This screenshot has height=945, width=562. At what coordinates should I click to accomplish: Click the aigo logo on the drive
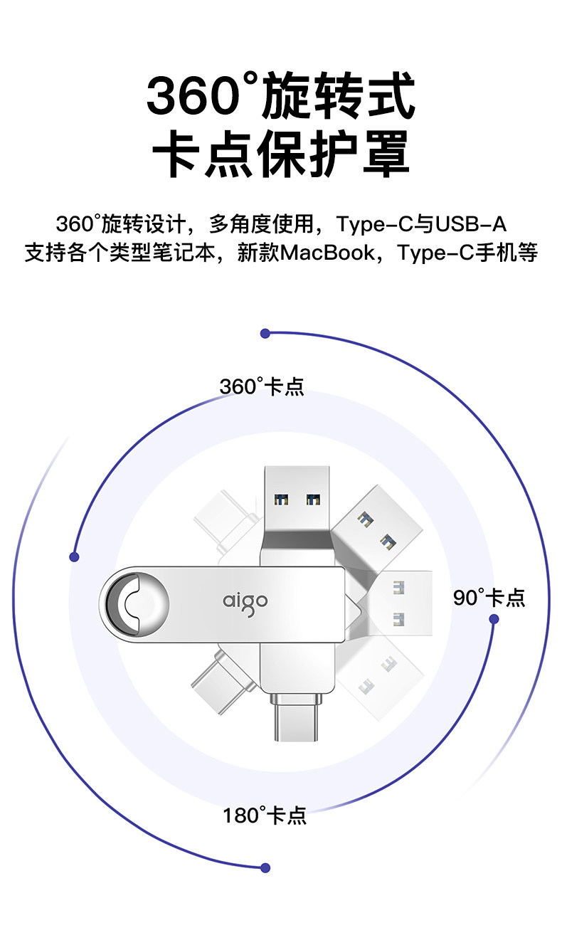pyautogui.click(x=245, y=602)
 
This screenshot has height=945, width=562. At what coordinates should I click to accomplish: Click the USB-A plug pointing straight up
pyautogui.click(x=297, y=498)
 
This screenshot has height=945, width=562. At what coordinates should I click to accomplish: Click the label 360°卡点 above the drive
pyautogui.click(x=262, y=386)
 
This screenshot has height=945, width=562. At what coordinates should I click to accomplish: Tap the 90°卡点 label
pyautogui.click(x=489, y=598)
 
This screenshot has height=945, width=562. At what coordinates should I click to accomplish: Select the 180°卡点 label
pyautogui.click(x=265, y=815)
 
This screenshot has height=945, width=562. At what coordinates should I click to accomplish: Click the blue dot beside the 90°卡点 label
pyautogui.click(x=494, y=619)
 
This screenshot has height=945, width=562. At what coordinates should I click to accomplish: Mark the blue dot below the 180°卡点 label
pyautogui.click(x=265, y=867)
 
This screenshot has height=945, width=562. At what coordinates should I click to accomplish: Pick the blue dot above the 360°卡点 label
pyautogui.click(x=265, y=333)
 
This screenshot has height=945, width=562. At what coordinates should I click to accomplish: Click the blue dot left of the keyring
pyautogui.click(x=74, y=556)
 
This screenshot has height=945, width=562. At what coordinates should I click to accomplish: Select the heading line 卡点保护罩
pyautogui.click(x=281, y=153)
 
